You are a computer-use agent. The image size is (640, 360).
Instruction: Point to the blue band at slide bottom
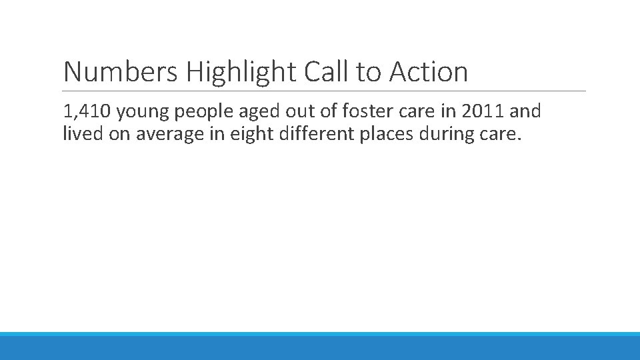(x=320, y=346)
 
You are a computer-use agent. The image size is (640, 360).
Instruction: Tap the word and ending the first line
(x=525, y=111)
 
